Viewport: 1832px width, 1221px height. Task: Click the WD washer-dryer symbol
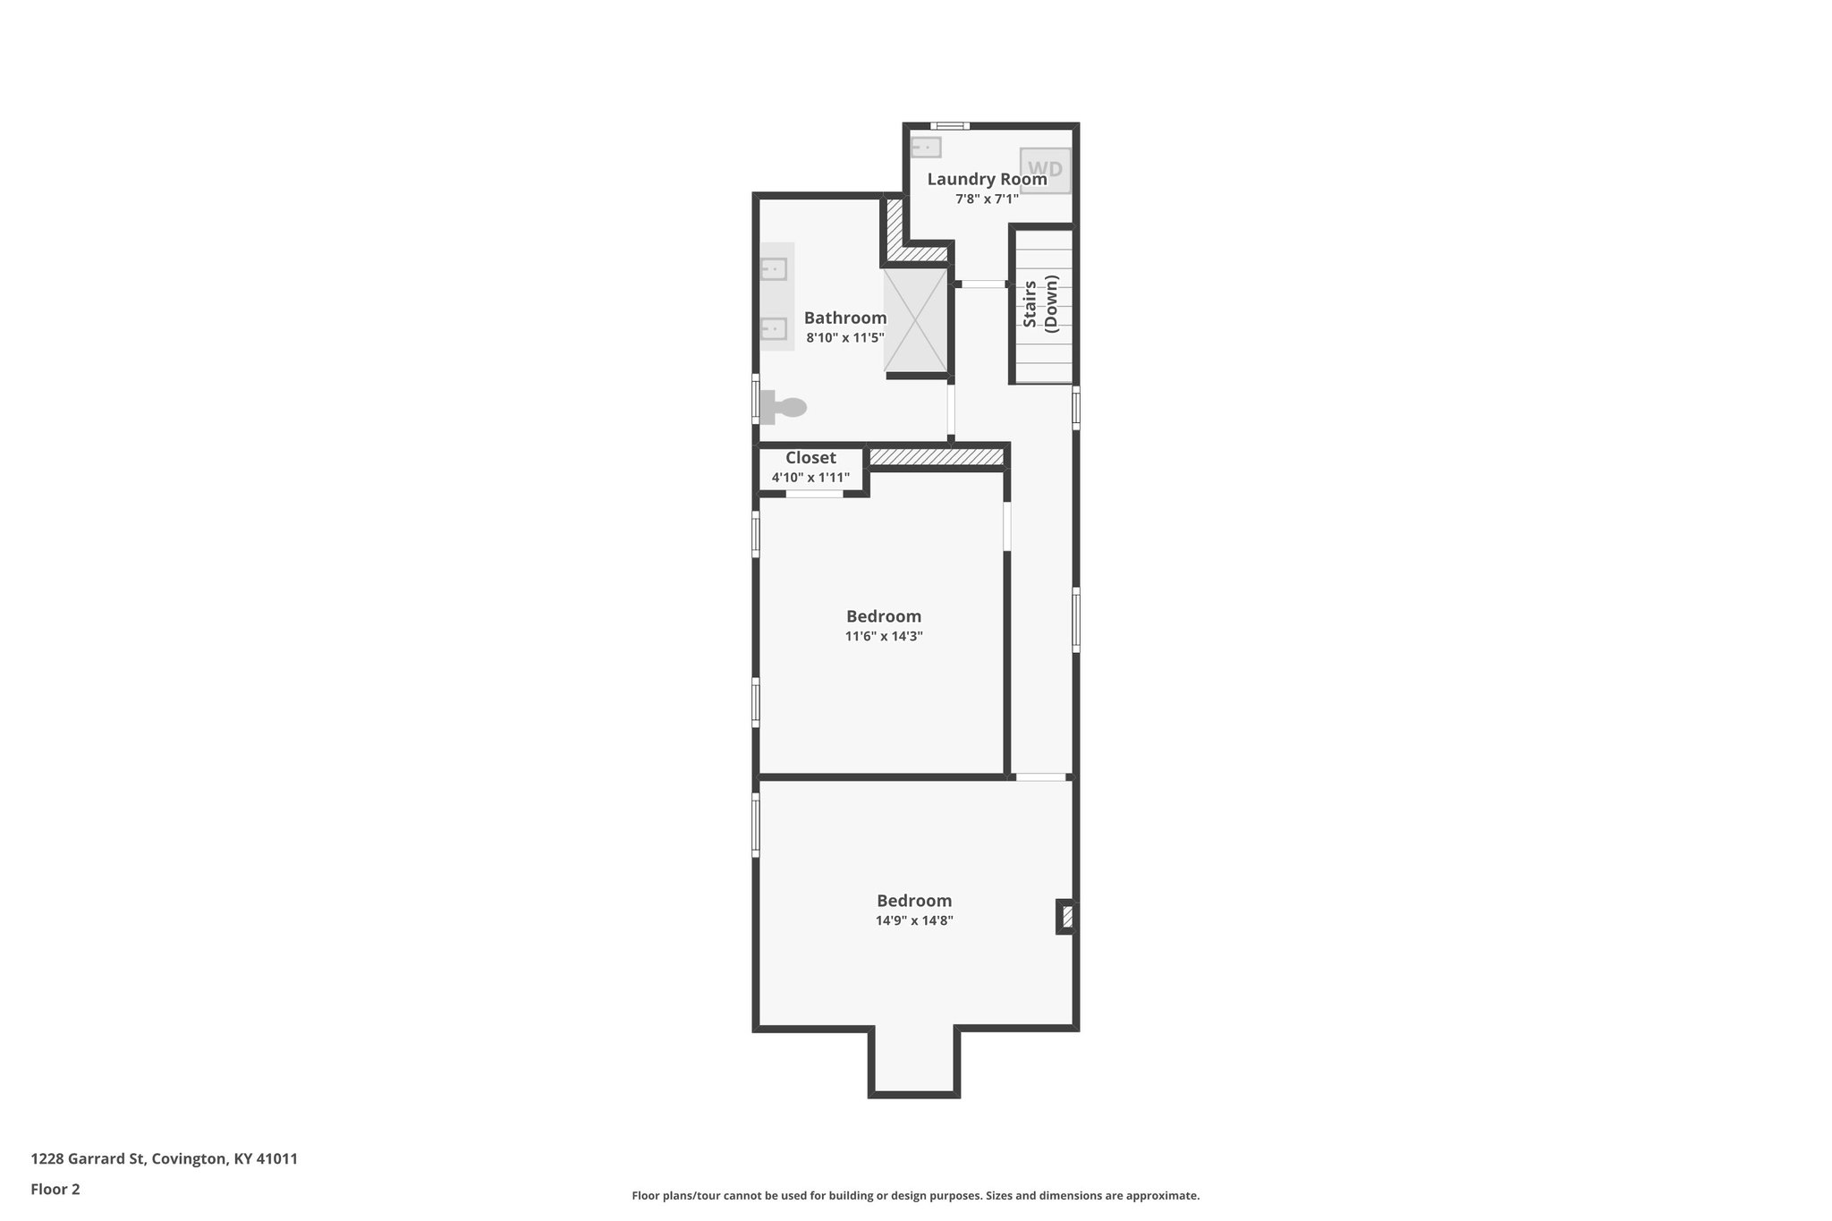pyautogui.click(x=1045, y=170)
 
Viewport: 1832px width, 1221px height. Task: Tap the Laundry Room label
pyautogui.click(x=987, y=179)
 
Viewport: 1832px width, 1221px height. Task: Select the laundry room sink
pyautogui.click(x=926, y=147)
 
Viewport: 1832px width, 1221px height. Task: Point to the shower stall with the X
pyautogui.click(x=915, y=320)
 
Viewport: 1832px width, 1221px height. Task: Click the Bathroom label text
pyautogui.click(x=844, y=318)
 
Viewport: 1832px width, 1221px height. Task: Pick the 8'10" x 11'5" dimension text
pyautogui.click(x=844, y=338)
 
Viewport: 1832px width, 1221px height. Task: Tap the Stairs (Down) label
pyautogui.click(x=1040, y=304)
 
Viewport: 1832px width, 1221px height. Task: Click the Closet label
pyautogui.click(x=810, y=458)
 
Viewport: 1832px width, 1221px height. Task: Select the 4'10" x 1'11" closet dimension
pyautogui.click(x=810, y=478)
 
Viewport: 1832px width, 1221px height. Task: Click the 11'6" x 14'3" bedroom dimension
pyautogui.click(x=883, y=637)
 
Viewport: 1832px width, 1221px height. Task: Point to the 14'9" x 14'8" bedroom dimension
pyautogui.click(x=913, y=921)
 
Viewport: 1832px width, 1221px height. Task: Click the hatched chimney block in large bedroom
pyautogui.click(x=1066, y=917)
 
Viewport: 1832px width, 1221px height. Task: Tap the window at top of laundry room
pyautogui.click(x=949, y=126)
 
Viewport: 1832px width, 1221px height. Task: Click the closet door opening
pyautogui.click(x=814, y=494)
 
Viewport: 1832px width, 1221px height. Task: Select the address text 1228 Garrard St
pyautogui.click(x=164, y=1159)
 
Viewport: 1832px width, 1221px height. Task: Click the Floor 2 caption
pyautogui.click(x=55, y=1190)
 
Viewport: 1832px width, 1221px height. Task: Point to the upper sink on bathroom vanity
pyautogui.click(x=773, y=268)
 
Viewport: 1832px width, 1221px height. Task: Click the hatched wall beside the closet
pyautogui.click(x=936, y=457)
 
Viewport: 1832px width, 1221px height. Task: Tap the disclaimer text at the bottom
pyautogui.click(x=915, y=1196)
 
